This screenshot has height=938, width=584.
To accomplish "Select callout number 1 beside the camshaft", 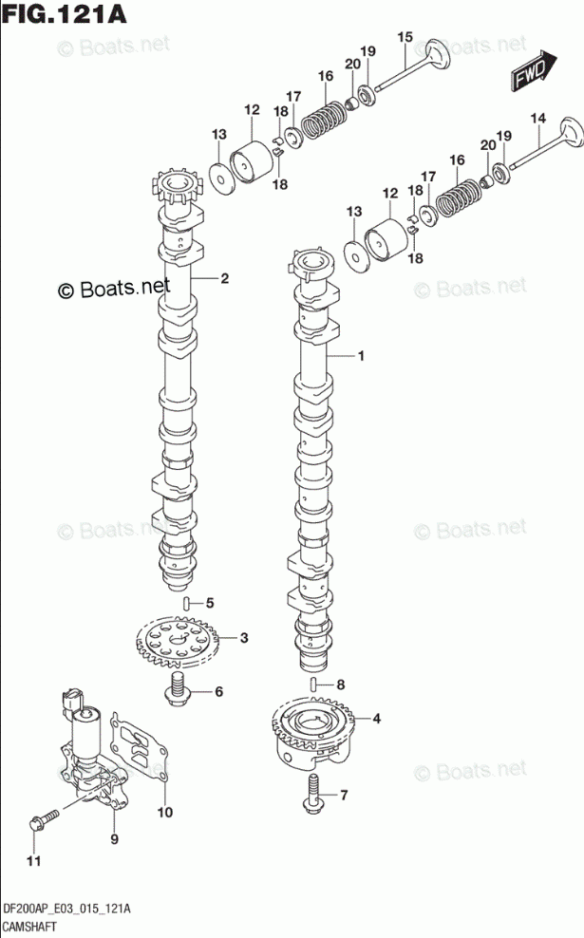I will tap(361, 356).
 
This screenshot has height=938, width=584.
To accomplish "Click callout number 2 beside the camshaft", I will tap(225, 278).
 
